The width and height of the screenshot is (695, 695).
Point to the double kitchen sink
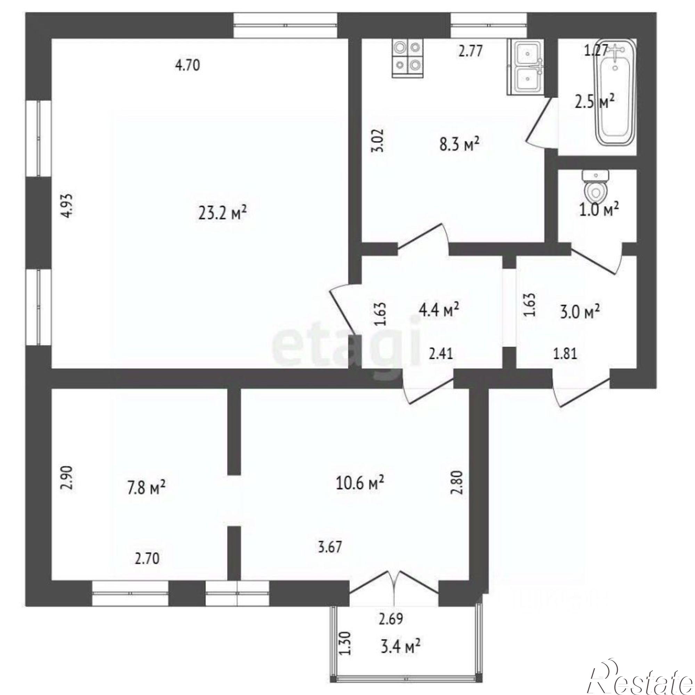(526, 67)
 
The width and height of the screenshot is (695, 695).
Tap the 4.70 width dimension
(187, 66)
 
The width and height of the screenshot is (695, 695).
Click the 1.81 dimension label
(565, 354)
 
